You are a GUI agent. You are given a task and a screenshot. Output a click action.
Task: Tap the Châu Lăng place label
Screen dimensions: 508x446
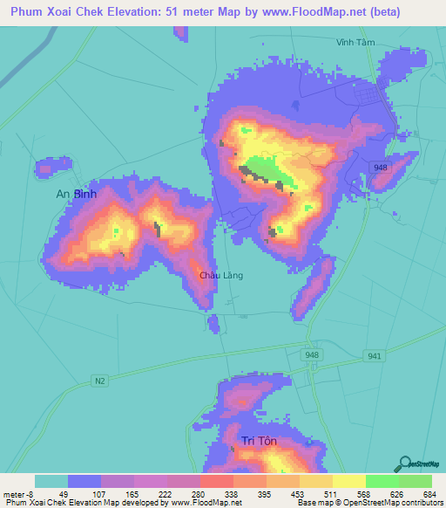point(221,276)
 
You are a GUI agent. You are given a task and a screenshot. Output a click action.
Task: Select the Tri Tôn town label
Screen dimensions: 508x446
point(260,441)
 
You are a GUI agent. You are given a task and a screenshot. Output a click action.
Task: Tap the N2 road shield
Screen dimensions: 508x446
point(100,380)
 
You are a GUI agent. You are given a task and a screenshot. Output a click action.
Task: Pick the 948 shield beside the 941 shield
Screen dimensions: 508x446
point(314,355)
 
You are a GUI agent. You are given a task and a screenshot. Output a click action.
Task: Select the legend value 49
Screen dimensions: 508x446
point(64,495)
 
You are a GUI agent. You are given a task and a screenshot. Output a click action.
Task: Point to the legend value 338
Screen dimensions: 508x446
point(231,495)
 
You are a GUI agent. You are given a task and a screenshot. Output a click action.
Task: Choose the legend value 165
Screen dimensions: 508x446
point(130,495)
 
